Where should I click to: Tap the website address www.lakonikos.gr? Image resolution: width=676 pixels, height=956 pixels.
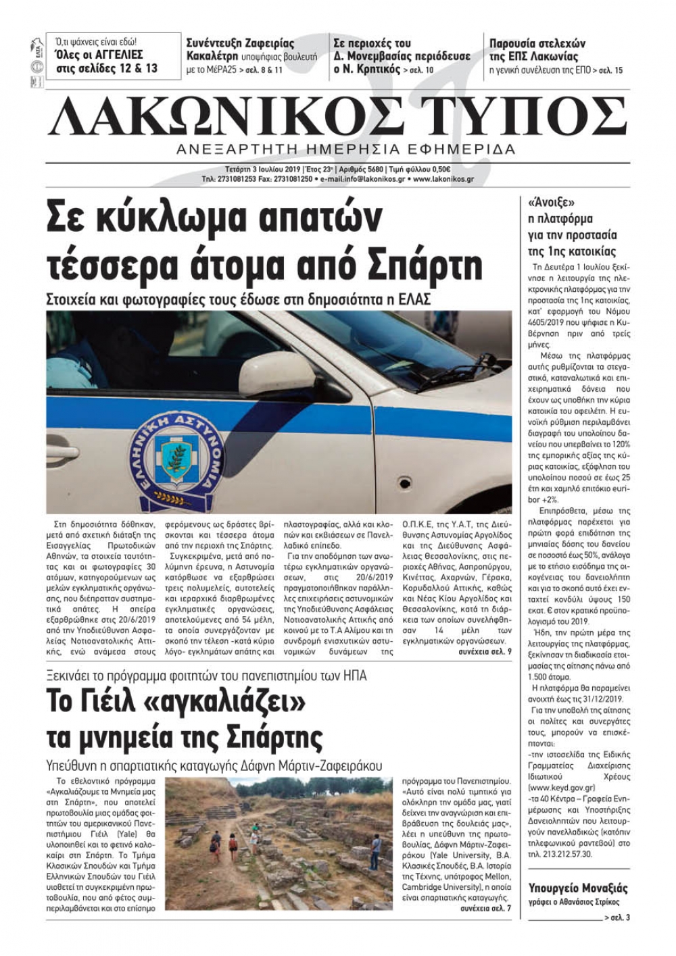coord(443,179)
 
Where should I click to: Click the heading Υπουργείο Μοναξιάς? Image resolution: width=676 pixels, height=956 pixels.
coord(578,888)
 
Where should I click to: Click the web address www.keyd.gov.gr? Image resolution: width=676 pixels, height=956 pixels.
coord(562,787)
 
